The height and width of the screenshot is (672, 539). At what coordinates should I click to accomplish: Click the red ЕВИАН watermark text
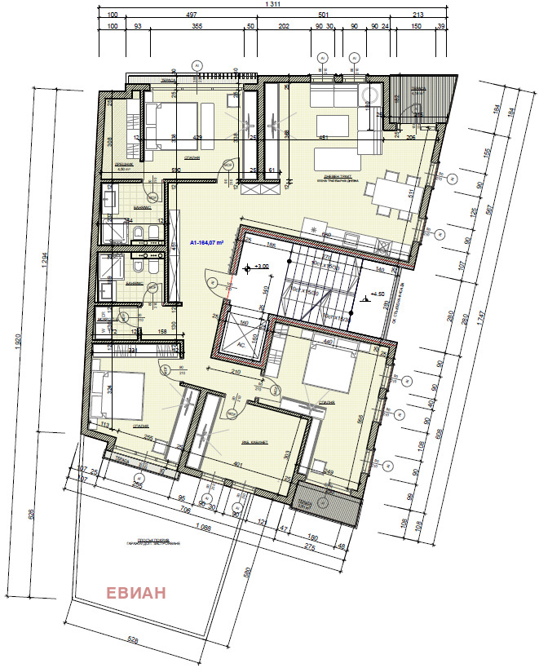[x=136, y=593]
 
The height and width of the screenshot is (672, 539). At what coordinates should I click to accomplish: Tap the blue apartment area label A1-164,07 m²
[x=207, y=242]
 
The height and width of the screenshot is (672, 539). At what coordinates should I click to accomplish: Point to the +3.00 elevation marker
[x=260, y=267]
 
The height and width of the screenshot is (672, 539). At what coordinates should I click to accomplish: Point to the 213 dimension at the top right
[x=418, y=15]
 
